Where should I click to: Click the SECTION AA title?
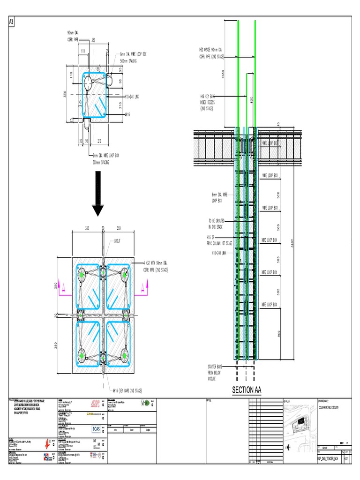pyautogui.click(x=247, y=390)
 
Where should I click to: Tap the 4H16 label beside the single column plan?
pyautogui.click(x=127, y=114)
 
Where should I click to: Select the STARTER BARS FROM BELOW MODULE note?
pyautogui.click(x=216, y=372)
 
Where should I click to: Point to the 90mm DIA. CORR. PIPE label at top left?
pyautogui.click(x=75, y=36)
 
